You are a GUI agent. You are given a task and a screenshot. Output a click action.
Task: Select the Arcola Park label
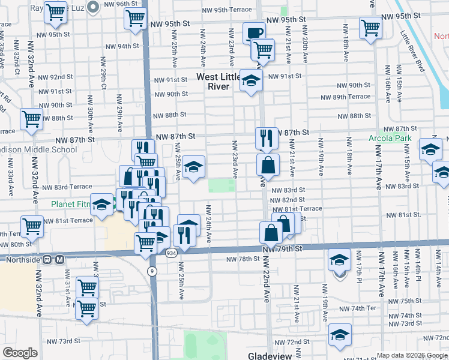(x=390, y=139)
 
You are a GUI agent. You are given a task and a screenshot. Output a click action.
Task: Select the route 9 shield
(x=152, y=271)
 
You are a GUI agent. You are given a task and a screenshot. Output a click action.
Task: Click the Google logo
(x=20, y=352)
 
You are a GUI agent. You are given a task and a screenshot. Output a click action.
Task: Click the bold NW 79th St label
(x=280, y=248)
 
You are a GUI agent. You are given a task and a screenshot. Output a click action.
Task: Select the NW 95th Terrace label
(x=228, y=10)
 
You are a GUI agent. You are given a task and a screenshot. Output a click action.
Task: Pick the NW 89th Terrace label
(x=346, y=97)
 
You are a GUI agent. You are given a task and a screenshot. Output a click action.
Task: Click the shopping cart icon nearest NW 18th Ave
(x=371, y=27)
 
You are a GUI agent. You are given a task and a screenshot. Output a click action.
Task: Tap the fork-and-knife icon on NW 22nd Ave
(x=265, y=138)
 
